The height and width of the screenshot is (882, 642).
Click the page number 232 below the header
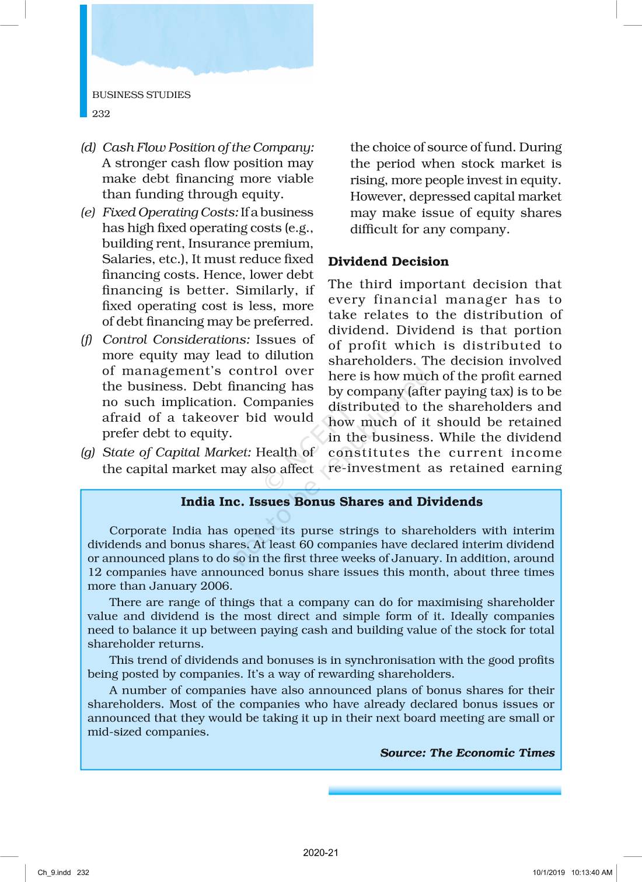pyautogui.click(x=101, y=114)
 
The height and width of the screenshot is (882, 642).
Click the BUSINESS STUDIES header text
pyautogui.click(x=141, y=94)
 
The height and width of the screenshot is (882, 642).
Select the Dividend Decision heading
pyautogui.click(x=388, y=261)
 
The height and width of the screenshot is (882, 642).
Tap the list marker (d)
pyautogui.click(x=88, y=147)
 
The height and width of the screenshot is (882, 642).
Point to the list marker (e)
pyautogui.click(x=88, y=212)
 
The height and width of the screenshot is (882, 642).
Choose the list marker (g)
pyautogui.click(x=88, y=452)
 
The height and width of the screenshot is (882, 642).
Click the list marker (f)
pyautogui.click(x=87, y=339)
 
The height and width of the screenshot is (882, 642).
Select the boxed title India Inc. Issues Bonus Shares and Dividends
pyautogui.click(x=332, y=502)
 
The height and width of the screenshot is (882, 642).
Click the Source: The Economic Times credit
pyautogui.click(x=467, y=752)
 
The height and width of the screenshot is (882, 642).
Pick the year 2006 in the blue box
pyautogui.click(x=216, y=586)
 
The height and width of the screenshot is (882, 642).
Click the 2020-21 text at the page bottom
pyautogui.click(x=320, y=852)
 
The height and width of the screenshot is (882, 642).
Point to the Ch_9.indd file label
pyautogui.click(x=54, y=873)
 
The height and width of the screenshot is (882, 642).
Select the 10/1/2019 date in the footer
pyautogui.click(x=549, y=873)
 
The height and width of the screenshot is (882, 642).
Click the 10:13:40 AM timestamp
pyautogui.click(x=592, y=873)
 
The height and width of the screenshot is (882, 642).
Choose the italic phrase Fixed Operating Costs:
pyautogui.click(x=170, y=212)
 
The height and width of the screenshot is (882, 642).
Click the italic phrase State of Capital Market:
pyautogui.click(x=177, y=452)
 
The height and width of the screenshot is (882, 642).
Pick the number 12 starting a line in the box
pyautogui.click(x=95, y=572)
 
